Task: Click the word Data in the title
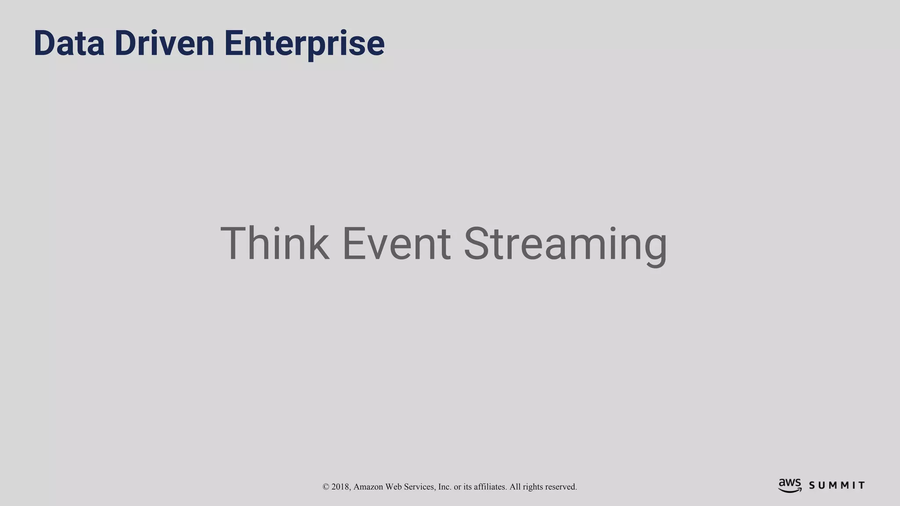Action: [x=69, y=43]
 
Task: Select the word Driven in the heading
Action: [x=164, y=43]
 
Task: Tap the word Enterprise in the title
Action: [x=304, y=44]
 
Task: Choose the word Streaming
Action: [x=566, y=244]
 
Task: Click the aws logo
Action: [x=790, y=485]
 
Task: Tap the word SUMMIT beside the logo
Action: [x=837, y=486]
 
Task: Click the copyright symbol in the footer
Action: [x=326, y=487]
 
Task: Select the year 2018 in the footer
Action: [x=341, y=487]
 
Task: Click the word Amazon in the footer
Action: [x=368, y=487]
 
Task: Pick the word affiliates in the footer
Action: [x=490, y=487]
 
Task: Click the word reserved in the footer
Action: [x=561, y=487]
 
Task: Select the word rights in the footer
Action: [x=533, y=487]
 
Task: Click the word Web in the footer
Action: [x=393, y=487]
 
